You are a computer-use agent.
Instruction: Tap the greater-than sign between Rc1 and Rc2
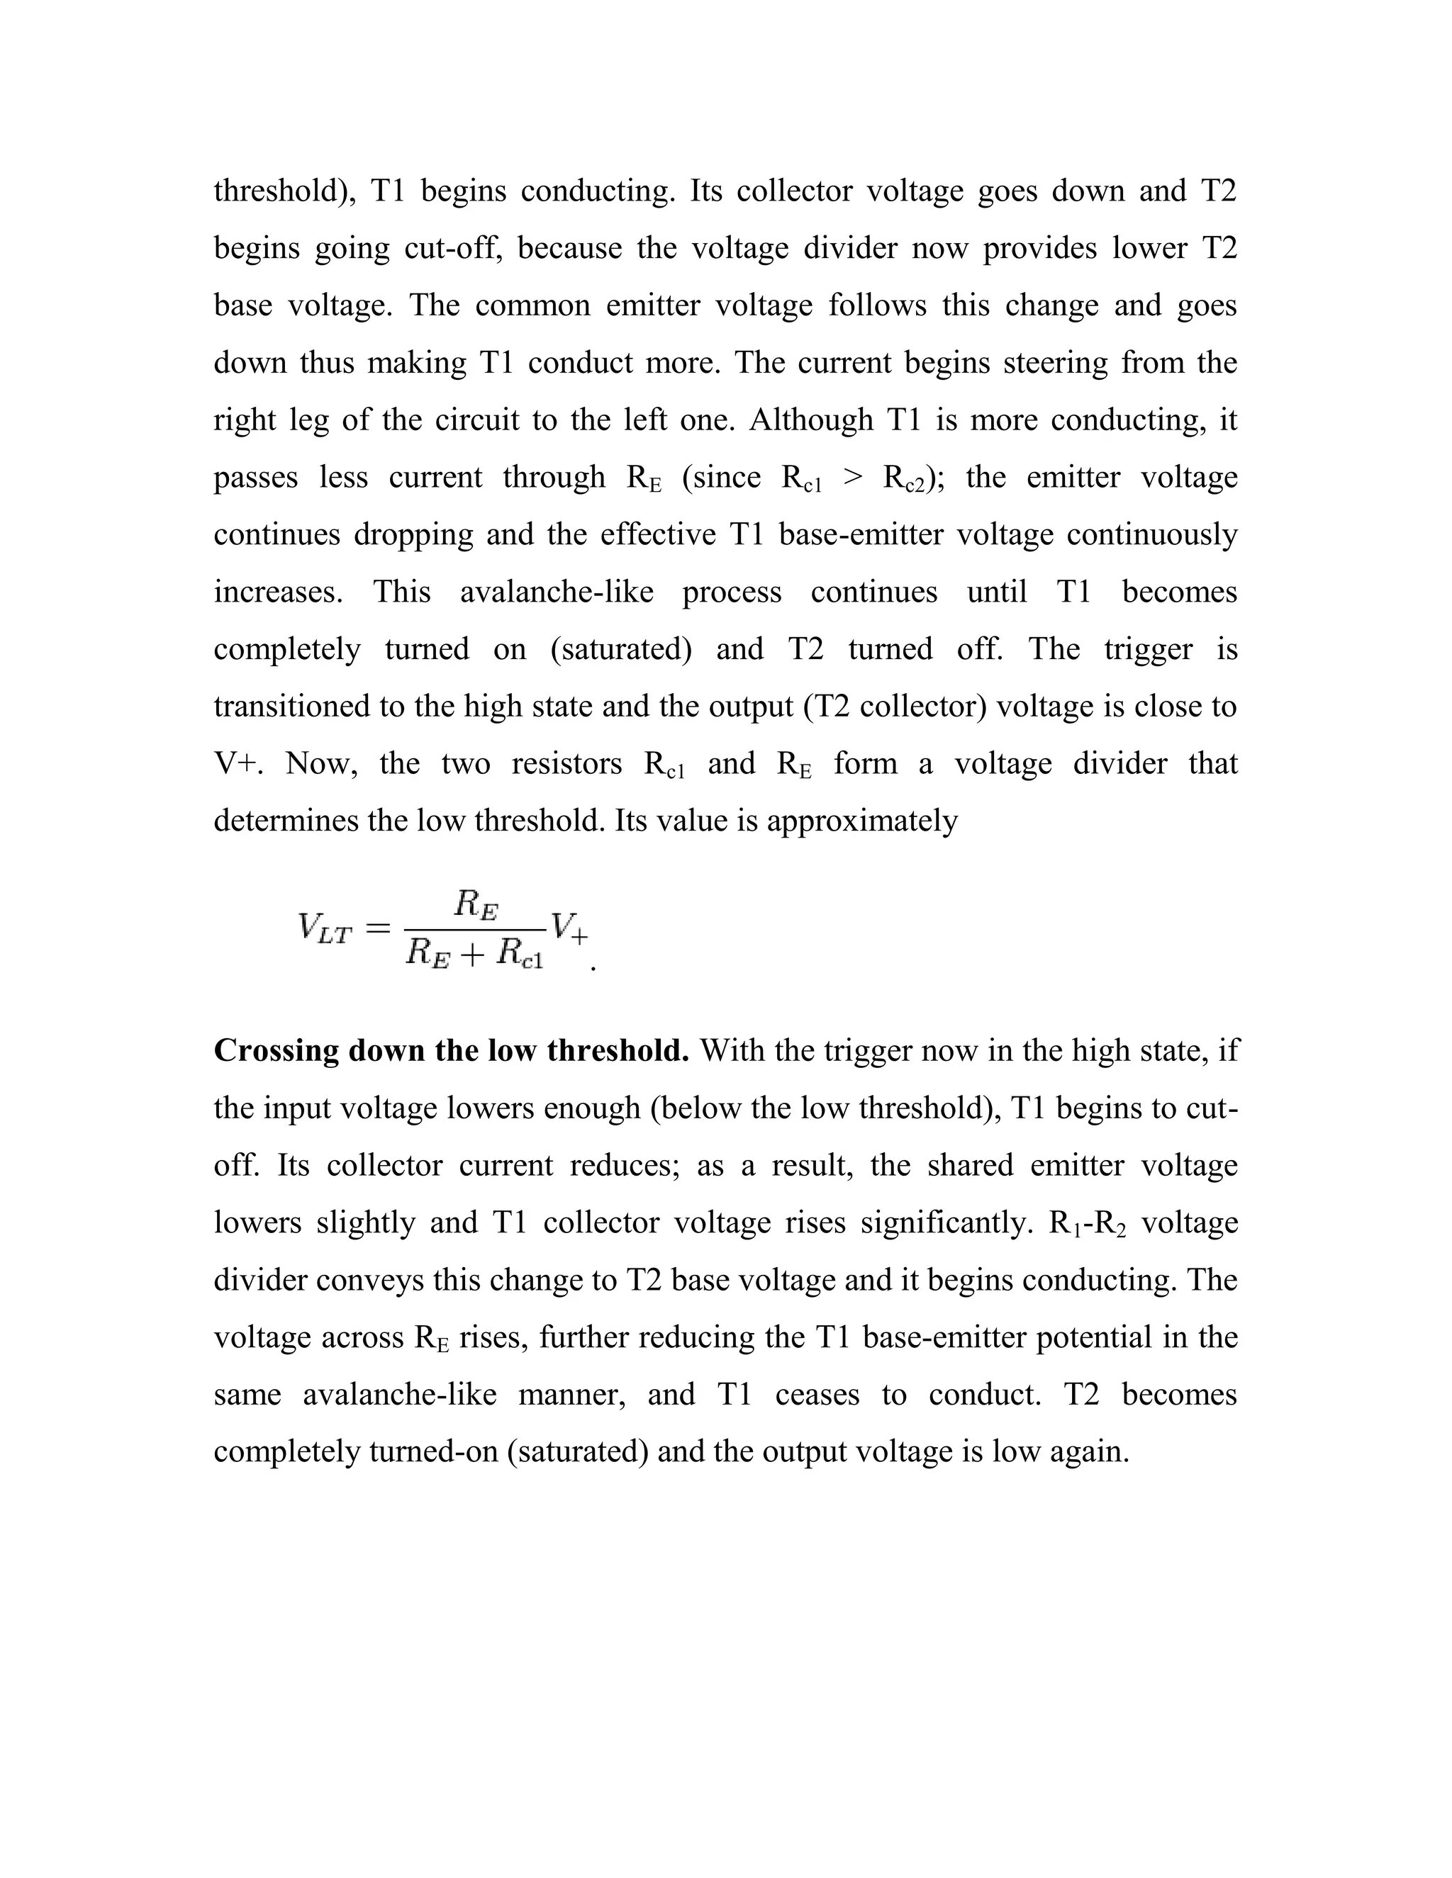852,478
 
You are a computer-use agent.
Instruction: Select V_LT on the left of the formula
324,928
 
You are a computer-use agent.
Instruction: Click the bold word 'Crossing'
276,1051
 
